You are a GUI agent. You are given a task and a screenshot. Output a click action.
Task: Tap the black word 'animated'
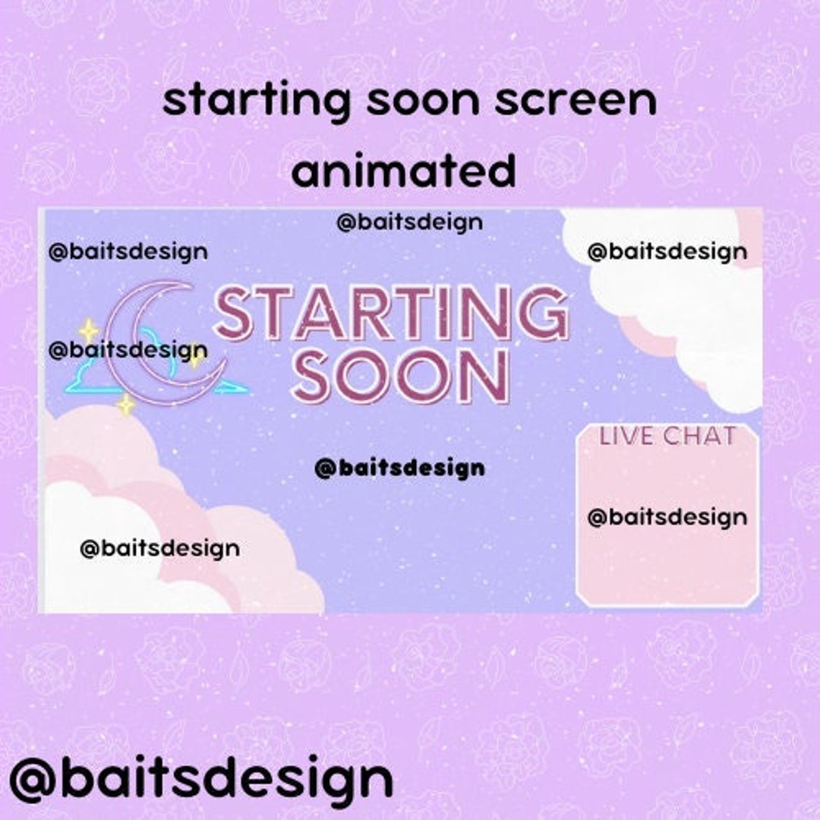point(403,172)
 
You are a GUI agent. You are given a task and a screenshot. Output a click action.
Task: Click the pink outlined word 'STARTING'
point(392,313)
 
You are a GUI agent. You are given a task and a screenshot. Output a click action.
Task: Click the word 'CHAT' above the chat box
point(699,437)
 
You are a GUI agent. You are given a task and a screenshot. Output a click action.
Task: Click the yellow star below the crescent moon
point(126,405)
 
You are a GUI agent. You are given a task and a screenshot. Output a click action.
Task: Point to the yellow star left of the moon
point(89,330)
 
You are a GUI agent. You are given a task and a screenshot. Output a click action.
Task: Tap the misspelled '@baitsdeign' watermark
point(409,222)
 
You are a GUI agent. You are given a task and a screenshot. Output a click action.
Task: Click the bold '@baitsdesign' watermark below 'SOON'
point(399,468)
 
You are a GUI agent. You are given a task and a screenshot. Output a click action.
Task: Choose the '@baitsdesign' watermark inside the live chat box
point(667,518)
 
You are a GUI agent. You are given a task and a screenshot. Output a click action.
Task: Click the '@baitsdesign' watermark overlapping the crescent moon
point(128,351)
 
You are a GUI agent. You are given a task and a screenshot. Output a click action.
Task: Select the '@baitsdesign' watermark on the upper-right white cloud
point(667,252)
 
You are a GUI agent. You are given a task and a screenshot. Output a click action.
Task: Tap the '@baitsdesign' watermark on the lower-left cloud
point(159,548)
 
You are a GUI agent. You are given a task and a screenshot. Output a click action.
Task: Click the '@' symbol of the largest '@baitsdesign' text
point(33,781)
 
